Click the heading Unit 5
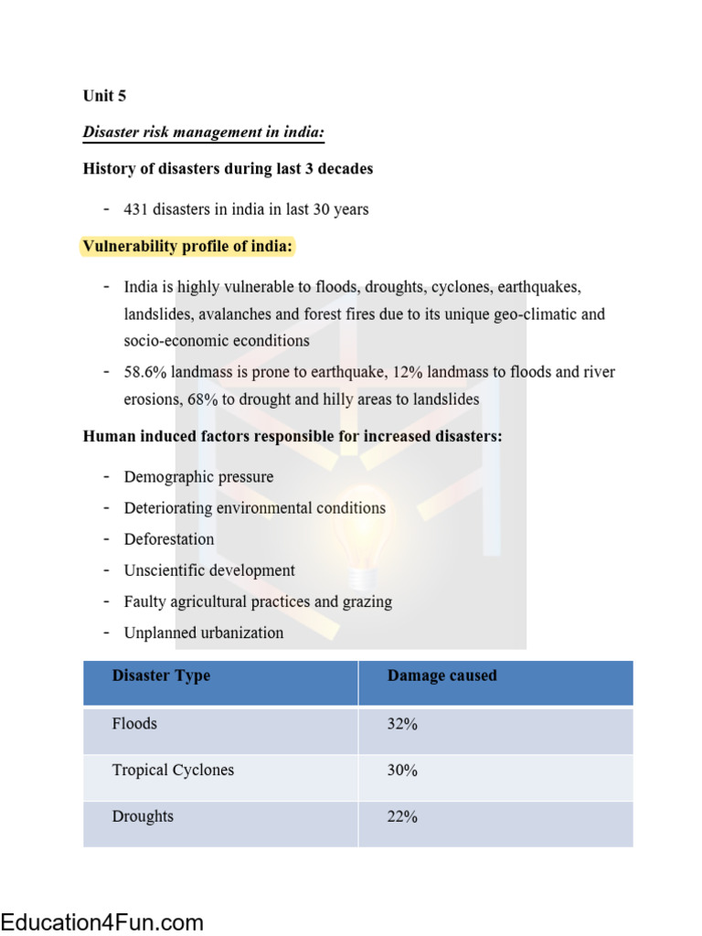104,96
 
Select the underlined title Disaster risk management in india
204,133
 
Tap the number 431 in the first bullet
136,209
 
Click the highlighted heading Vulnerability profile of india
188,247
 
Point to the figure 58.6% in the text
144,372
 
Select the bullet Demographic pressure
198,477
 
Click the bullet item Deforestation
169,539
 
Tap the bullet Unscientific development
209,570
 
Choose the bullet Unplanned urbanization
204,633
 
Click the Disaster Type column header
161,676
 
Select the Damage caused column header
442,676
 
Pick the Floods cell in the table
134,724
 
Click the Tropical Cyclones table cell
173,771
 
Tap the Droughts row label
143,817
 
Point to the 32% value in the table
402,724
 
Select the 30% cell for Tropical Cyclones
402,771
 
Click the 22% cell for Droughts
402,817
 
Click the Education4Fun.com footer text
101,921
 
